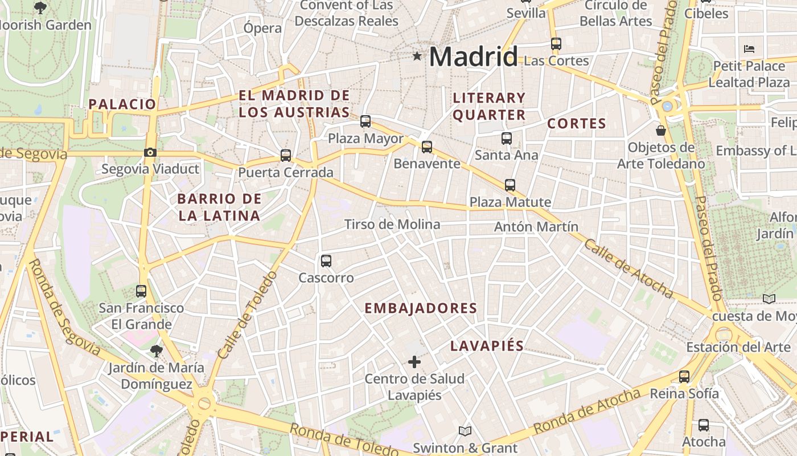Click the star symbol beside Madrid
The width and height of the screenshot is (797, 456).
pyautogui.click(x=417, y=56)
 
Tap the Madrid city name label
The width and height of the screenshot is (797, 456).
pyautogui.click(x=473, y=56)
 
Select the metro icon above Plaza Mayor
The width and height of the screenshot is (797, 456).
pyautogui.click(x=365, y=121)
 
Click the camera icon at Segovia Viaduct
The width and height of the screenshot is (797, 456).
pyautogui.click(x=150, y=152)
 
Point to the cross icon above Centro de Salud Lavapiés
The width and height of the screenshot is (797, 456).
pyautogui.click(x=414, y=361)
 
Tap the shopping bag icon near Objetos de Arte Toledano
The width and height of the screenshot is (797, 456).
pyautogui.click(x=661, y=131)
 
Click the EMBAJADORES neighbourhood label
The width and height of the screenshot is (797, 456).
pyautogui.click(x=421, y=308)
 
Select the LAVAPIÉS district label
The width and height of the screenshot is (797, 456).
pyautogui.click(x=487, y=346)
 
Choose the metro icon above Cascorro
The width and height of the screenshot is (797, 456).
pyautogui.click(x=326, y=260)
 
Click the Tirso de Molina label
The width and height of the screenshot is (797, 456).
pyautogui.click(x=392, y=225)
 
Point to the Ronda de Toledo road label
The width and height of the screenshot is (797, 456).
pyautogui.click(x=343, y=439)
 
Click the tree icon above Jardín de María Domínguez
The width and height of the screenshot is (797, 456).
pyautogui.click(x=156, y=350)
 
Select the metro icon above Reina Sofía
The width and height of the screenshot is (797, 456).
pyautogui.click(x=684, y=376)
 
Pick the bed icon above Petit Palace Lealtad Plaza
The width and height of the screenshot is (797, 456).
pyautogui.click(x=749, y=49)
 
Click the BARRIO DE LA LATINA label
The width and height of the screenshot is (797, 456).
pyautogui.click(x=219, y=207)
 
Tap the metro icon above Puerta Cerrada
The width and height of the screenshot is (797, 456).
pyautogui.click(x=286, y=155)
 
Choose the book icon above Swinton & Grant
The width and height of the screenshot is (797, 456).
pyautogui.click(x=465, y=431)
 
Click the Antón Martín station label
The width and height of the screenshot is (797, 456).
pyautogui.click(x=536, y=227)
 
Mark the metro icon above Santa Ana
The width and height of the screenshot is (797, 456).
pyautogui.click(x=506, y=138)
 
